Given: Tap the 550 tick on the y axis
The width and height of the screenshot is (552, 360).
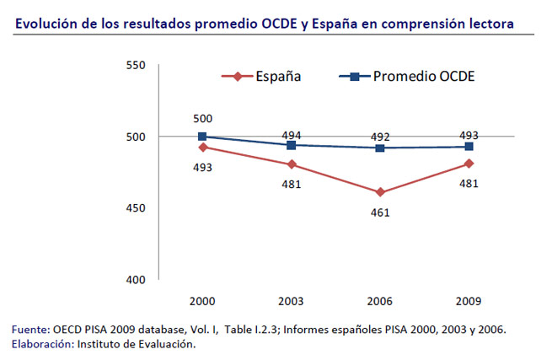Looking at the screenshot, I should [134, 65].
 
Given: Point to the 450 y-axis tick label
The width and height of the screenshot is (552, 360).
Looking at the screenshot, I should [134, 208].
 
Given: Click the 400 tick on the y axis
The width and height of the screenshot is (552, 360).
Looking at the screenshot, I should [134, 279].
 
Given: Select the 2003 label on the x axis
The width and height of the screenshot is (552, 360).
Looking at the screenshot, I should [291, 301].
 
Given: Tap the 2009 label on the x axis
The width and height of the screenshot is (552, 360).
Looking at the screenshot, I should [469, 301].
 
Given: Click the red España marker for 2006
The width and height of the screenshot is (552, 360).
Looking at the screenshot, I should [380, 192].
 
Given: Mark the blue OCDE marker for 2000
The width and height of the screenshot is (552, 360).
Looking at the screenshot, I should [202, 137].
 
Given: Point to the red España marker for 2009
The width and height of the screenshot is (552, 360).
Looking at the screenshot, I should [469, 164].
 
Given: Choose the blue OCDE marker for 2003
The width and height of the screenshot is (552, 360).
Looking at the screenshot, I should [291, 145].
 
